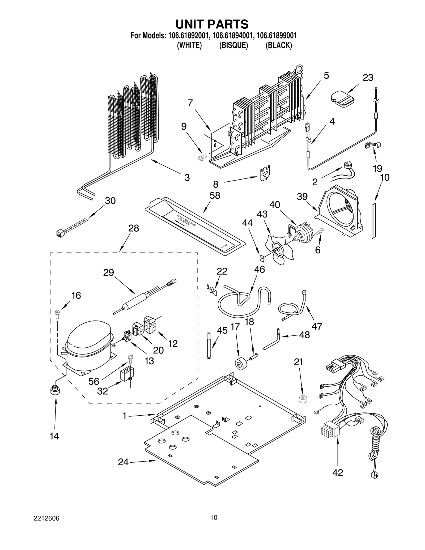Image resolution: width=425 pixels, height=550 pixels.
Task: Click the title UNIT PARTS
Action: pos(212,24)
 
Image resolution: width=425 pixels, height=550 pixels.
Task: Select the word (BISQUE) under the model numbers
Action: pos(233,45)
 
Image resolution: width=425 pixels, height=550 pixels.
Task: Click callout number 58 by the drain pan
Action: pos(215,195)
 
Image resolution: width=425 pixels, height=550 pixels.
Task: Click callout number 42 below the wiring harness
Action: pos(337,472)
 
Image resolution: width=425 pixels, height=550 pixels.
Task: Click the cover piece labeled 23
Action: pos(342,99)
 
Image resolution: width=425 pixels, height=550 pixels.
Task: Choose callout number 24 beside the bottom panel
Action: pos(123,462)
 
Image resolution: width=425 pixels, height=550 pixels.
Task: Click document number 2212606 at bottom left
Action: pos(46,518)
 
